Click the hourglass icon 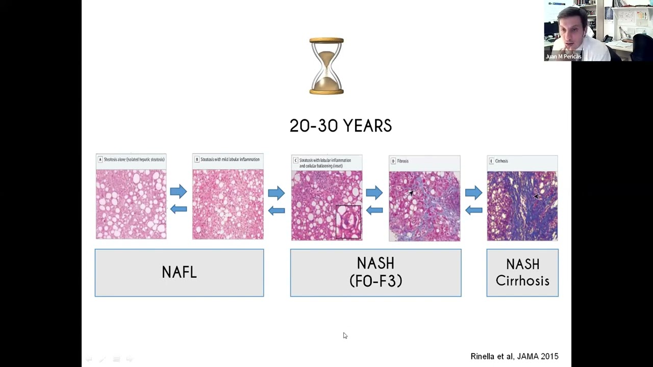[x=326, y=66]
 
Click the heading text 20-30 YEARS [x=340, y=126]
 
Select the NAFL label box [x=179, y=273]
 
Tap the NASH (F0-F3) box [x=375, y=273]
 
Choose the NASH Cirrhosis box [x=522, y=273]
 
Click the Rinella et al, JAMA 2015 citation [x=514, y=356]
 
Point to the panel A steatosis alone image [x=131, y=204]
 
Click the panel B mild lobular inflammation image [x=228, y=204]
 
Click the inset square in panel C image [x=348, y=221]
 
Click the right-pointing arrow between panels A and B [x=179, y=192]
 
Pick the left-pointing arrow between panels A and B [x=179, y=208]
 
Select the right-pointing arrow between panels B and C [x=277, y=193]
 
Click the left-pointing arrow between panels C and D [x=374, y=210]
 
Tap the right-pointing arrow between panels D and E [x=473, y=193]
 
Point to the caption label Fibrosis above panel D [x=403, y=161]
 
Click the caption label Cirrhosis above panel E [x=501, y=161]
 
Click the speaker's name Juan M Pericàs [x=563, y=57]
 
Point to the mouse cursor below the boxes [x=345, y=335]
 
